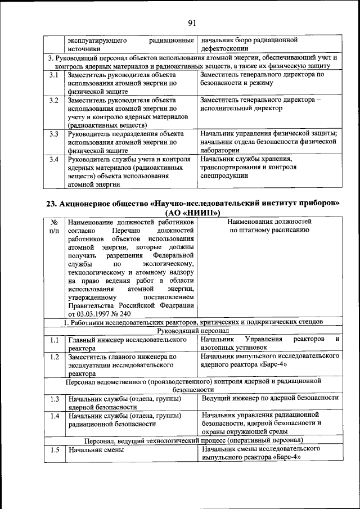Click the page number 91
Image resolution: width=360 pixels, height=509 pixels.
click(192, 22)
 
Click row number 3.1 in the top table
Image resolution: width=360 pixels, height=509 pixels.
click(54, 75)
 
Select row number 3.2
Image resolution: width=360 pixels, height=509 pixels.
click(54, 100)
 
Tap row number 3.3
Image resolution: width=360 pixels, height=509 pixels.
click(54, 134)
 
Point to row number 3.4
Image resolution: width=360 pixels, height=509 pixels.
click(54, 159)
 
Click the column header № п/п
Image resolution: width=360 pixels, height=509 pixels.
click(54, 226)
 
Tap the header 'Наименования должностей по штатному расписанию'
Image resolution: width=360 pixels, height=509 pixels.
click(269, 226)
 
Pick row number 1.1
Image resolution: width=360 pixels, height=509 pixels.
click(54, 340)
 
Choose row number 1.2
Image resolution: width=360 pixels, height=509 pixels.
click(54, 357)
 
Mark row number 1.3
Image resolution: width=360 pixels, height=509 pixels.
click(54, 399)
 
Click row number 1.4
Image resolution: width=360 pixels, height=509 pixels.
click(54, 416)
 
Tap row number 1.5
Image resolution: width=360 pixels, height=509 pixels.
click(54, 450)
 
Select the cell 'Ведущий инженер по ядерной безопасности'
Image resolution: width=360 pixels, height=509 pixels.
click(269, 398)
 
